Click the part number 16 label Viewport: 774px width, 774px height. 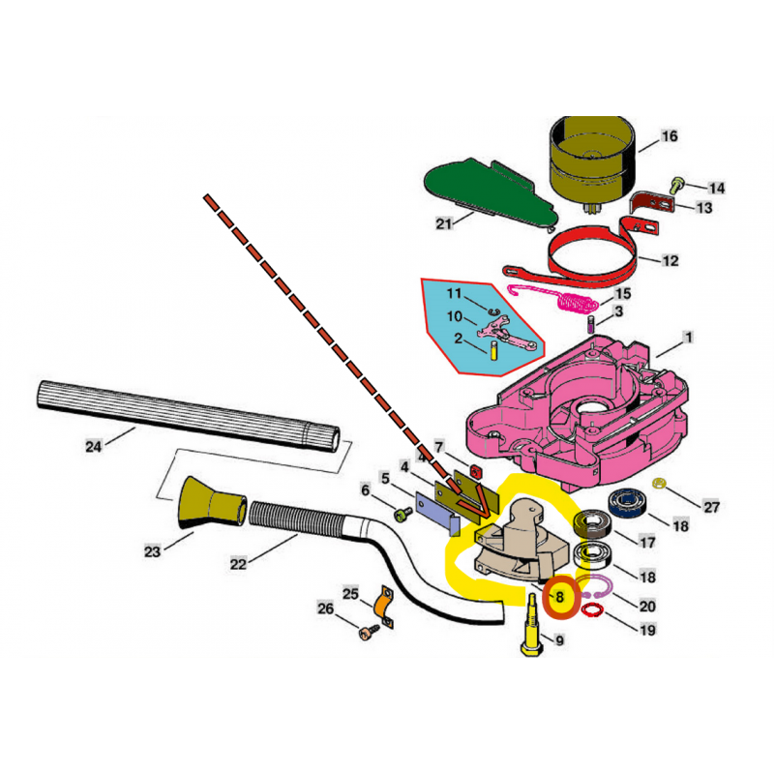[669, 136]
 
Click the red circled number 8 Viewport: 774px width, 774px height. [559, 597]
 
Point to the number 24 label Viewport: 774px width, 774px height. [94, 447]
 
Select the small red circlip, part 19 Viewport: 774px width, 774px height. [592, 610]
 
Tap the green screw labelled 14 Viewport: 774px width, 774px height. [676, 185]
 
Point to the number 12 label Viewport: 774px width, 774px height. [670, 260]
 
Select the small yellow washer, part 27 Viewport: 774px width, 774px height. [659, 483]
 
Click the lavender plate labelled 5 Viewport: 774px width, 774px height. [437, 514]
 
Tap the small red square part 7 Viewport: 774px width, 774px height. [476, 472]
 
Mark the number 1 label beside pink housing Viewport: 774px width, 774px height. [688, 338]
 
